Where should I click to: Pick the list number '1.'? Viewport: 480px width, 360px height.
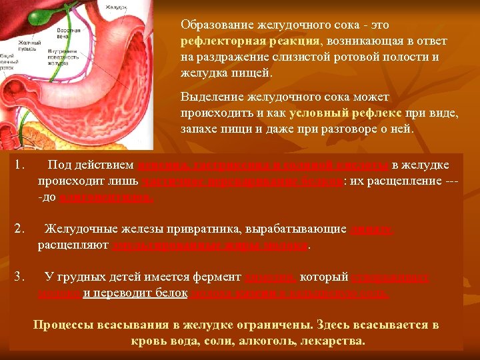click(x=20, y=165)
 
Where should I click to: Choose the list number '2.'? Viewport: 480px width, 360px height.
click(x=20, y=229)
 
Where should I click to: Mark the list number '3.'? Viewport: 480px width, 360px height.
click(x=20, y=277)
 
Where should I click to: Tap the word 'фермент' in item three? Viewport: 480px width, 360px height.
click(x=223, y=277)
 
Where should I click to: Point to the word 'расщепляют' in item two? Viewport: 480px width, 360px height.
click(x=73, y=245)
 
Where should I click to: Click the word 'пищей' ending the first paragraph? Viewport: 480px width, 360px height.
click(x=256, y=73)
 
